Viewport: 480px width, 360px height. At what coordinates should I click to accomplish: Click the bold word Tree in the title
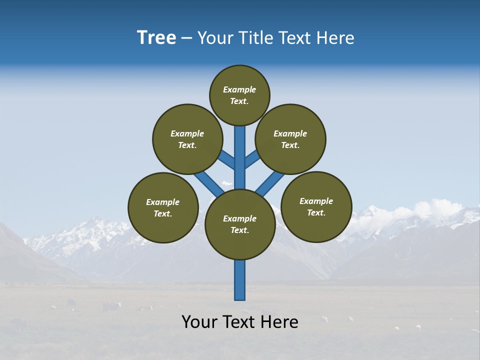[x=156, y=38]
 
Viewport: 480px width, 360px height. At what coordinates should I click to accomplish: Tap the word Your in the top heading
[x=214, y=38]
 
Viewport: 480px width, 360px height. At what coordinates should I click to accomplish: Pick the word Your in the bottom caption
[x=199, y=322]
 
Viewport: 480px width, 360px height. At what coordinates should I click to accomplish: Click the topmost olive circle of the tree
[x=239, y=95]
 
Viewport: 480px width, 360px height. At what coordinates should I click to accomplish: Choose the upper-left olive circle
[x=187, y=139]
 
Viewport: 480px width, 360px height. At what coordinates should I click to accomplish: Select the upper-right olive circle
[x=290, y=139]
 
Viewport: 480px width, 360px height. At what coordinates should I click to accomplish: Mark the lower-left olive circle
[x=163, y=207]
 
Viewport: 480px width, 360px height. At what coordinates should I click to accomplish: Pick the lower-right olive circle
[x=316, y=206]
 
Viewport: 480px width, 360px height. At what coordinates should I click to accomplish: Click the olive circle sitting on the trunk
[x=240, y=224]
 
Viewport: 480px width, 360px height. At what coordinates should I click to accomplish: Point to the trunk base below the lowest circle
[x=240, y=280]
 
